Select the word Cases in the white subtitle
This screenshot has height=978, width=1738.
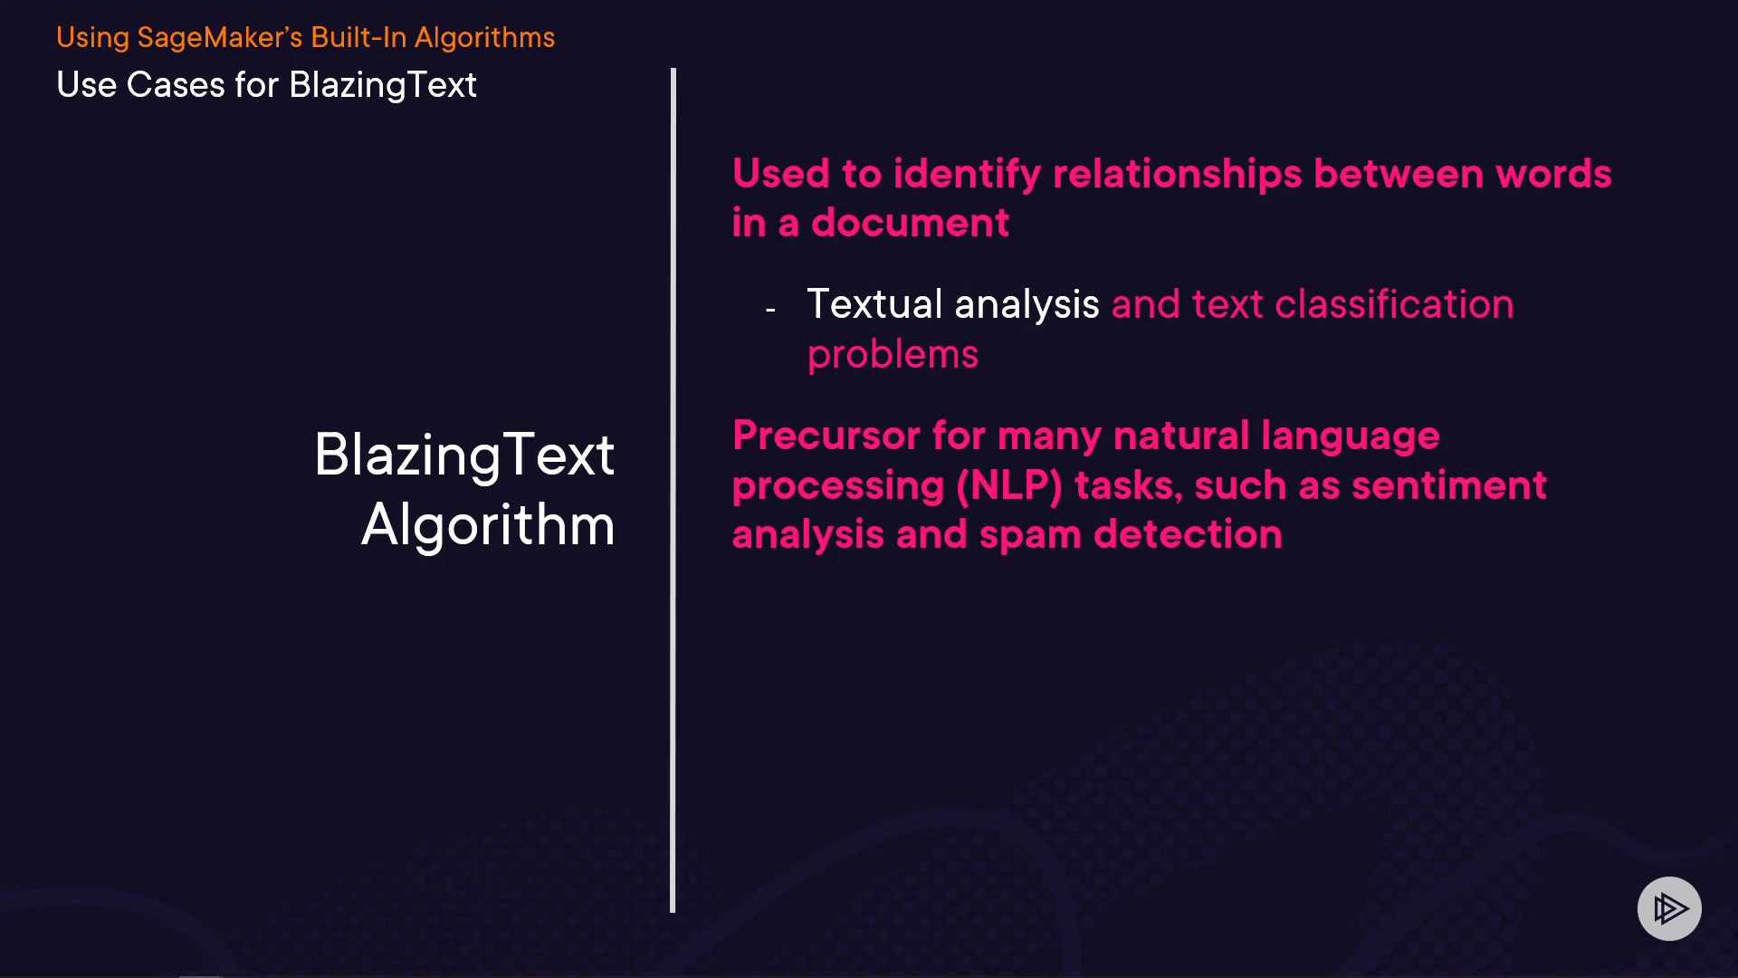176,85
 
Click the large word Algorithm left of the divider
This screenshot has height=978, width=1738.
488,525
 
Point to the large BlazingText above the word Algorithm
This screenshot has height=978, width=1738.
464,455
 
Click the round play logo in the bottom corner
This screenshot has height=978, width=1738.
1669,908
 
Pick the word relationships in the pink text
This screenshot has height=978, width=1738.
1177,174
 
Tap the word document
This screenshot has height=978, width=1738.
910,223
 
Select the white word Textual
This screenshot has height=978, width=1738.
874,304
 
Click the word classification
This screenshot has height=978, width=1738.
1394,304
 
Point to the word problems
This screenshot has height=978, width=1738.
893,355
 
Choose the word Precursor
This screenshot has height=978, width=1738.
826,436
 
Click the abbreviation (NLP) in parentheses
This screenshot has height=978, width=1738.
1009,485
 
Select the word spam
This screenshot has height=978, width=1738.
1030,535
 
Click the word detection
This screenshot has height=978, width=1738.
1188,534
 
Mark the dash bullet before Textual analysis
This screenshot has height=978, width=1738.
770,310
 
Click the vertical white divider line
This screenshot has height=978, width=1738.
673,490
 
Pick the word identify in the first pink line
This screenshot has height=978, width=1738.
967,174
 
